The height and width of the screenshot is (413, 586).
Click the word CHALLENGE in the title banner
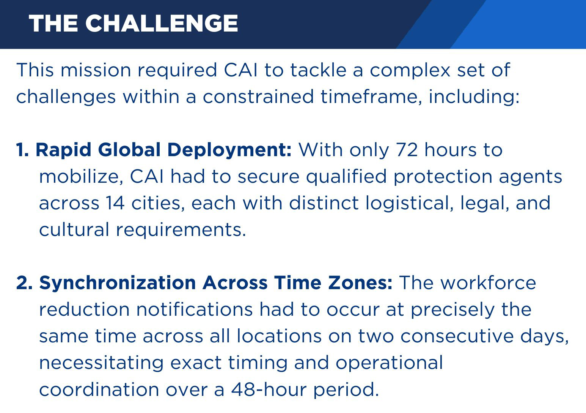tap(162, 23)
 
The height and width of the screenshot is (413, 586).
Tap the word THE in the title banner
tap(53, 23)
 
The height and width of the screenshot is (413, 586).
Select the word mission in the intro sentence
tap(96, 70)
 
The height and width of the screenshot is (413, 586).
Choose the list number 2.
tap(24, 283)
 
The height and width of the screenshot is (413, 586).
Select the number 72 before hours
tap(407, 150)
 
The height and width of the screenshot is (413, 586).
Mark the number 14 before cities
tap(115, 203)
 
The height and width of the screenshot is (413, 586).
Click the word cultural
tap(74, 230)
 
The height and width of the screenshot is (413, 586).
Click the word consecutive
tap(457, 337)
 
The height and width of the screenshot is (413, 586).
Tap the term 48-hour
tap(269, 389)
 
